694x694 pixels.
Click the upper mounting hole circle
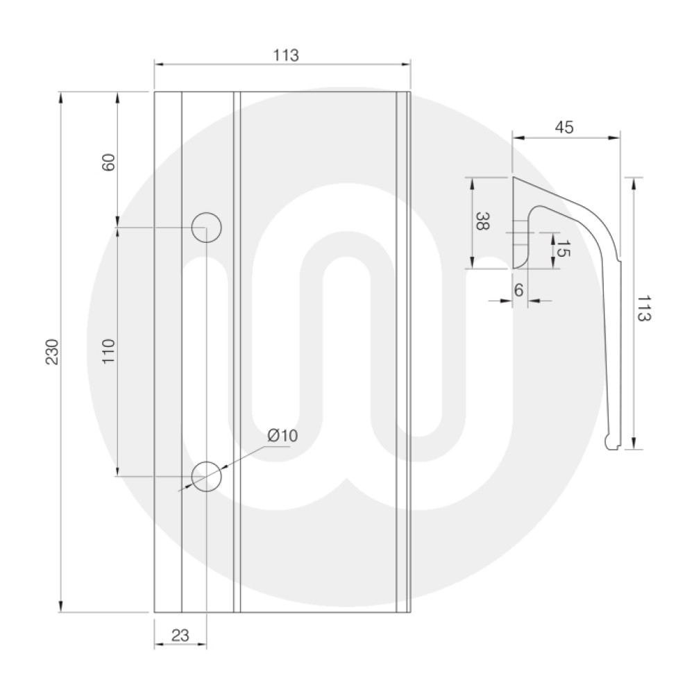click(206, 227)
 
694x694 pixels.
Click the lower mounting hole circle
click(206, 476)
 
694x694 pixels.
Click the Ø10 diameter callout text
click(282, 436)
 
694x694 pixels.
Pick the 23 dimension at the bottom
click(180, 635)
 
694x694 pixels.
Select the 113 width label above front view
click(285, 56)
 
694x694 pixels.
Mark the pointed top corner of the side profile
click(514, 178)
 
